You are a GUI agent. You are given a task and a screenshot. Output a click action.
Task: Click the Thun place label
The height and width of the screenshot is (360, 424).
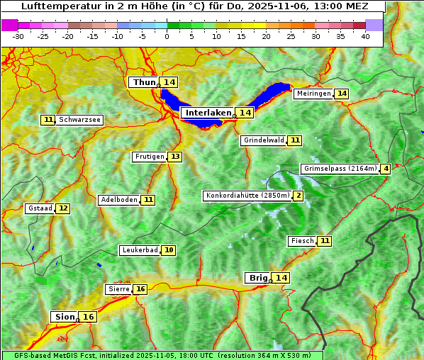coord(143,83)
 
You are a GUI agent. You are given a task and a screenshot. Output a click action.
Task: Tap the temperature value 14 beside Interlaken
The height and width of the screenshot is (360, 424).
coord(245,113)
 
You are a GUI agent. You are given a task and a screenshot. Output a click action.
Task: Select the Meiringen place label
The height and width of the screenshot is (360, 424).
coord(313,94)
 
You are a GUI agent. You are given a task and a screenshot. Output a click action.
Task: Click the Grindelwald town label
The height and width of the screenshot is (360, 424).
coord(263,140)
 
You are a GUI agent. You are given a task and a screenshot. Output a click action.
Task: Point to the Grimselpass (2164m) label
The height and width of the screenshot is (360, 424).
coord(340,169)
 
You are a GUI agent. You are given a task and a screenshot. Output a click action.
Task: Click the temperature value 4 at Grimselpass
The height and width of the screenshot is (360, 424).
coord(385,169)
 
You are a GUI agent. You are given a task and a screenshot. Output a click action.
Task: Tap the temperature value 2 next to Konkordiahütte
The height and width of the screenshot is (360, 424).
coord(299,196)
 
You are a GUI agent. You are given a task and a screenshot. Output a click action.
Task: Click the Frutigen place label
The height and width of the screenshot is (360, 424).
coord(149,157)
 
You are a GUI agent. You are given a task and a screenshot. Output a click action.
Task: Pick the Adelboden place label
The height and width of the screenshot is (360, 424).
coord(118,200)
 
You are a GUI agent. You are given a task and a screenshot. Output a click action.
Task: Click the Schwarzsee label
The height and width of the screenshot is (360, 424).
coord(79,120)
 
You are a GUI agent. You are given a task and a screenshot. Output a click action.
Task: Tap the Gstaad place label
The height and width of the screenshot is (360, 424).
coord(40,208)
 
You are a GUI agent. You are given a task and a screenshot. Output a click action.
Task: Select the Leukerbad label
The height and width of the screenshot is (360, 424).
coord(139,250)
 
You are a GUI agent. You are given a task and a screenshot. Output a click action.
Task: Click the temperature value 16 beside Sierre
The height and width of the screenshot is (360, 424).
coord(140,289)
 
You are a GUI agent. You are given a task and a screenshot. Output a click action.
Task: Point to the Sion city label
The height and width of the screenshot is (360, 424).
coord(63,317)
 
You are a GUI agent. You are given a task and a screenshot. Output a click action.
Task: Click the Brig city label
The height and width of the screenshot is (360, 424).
coord(257,278)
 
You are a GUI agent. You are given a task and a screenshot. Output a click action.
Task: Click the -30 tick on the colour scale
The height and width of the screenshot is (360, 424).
coord(18,35)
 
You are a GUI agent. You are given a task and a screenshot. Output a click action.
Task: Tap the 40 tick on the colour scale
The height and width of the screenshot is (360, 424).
coord(365,35)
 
